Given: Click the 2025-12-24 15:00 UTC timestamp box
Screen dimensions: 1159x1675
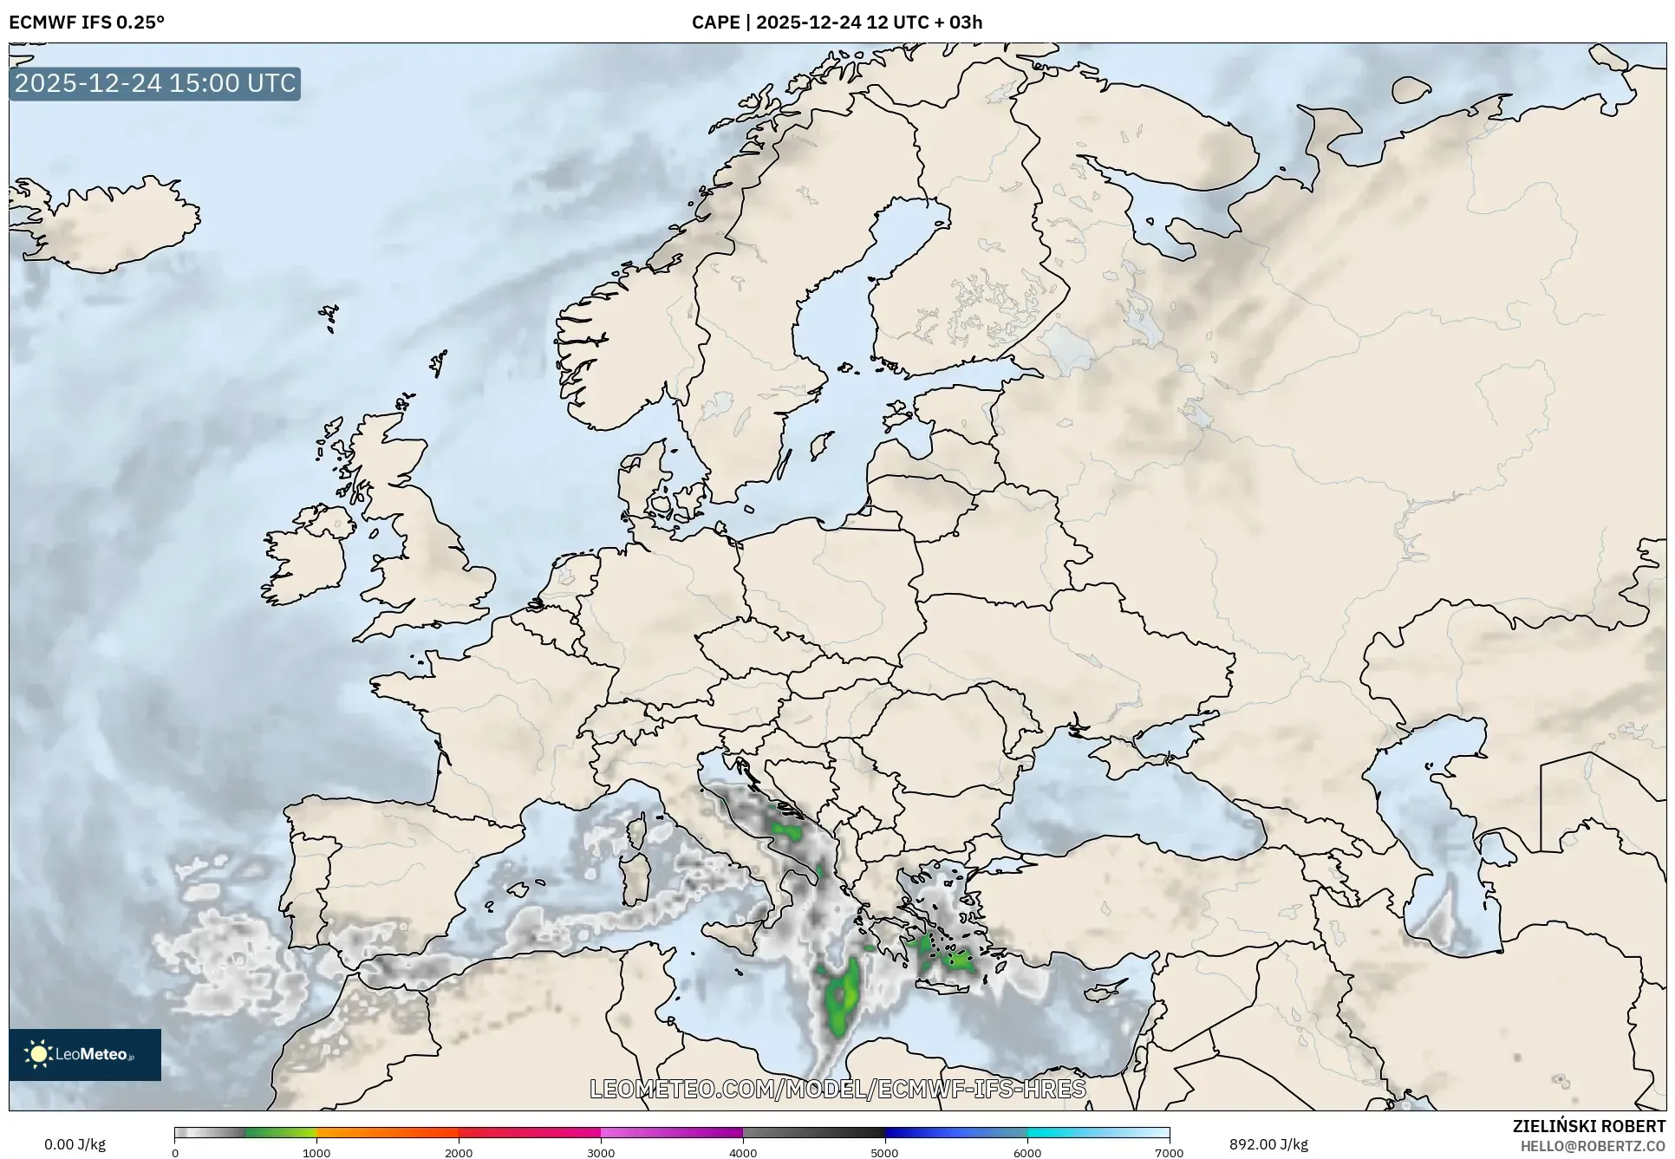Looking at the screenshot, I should [x=155, y=83].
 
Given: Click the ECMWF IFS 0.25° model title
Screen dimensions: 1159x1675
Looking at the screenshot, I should [x=86, y=23].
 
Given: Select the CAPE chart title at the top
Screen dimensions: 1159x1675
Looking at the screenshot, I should [x=837, y=23].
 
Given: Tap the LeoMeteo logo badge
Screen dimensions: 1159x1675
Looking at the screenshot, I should [x=85, y=1054].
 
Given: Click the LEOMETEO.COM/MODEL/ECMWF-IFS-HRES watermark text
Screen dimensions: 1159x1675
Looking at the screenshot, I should [x=837, y=1089].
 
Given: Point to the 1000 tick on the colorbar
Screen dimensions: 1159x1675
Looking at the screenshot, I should [x=316, y=1152].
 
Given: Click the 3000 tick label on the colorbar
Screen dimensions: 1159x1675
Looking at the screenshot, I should [x=601, y=1152].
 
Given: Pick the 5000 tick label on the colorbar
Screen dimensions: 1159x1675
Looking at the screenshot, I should [x=885, y=1152].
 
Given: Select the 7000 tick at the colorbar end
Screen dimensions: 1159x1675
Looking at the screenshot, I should [x=1169, y=1152].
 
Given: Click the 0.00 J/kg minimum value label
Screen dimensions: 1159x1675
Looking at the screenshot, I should [x=75, y=1144].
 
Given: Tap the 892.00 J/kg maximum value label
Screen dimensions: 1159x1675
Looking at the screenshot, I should [x=1268, y=1144].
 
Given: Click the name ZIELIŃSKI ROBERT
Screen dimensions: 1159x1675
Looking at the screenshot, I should [x=1588, y=1126].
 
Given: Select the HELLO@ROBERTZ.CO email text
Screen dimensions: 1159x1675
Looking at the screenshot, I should [x=1592, y=1146].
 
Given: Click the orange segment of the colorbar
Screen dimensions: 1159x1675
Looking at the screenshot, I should [x=387, y=1133].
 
